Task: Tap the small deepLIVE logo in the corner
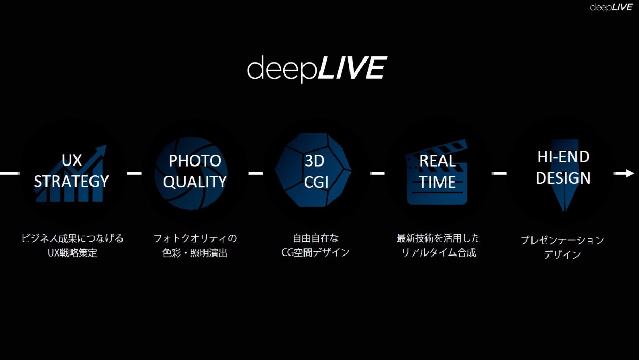[611, 7]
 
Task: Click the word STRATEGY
[71, 181]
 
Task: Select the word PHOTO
[195, 160]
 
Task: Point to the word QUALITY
[195, 182]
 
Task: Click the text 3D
[314, 161]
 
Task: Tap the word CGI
[316, 182]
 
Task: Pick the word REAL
[437, 161]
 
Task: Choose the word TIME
[437, 182]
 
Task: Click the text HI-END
[564, 157]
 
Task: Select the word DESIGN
[563, 178]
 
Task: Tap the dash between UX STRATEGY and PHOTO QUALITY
[134, 173]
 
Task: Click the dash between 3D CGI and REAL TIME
[377, 173]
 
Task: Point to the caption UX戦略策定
[72, 252]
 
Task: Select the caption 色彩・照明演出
[195, 252]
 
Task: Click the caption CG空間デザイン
[315, 252]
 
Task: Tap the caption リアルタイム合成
[439, 252]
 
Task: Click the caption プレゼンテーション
[562, 240]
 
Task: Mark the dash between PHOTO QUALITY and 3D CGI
[255, 173]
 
